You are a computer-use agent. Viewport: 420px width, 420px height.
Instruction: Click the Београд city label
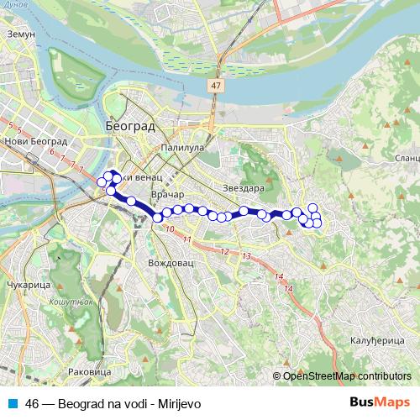(x=132, y=125)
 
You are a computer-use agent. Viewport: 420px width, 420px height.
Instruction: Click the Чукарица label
(x=27, y=285)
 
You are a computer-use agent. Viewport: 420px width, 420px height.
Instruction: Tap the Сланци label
(x=406, y=157)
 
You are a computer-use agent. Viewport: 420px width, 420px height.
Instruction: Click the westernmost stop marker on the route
(x=102, y=181)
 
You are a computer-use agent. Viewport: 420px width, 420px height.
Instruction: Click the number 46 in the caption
(x=33, y=403)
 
